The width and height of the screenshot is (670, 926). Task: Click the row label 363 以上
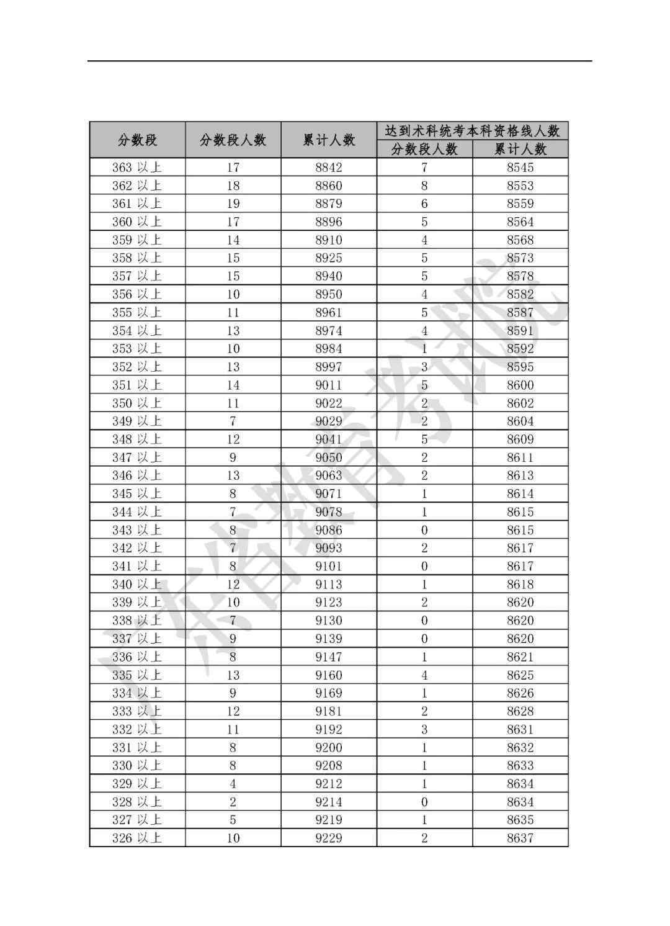[x=136, y=168]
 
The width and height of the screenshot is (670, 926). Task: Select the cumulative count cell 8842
[x=328, y=168]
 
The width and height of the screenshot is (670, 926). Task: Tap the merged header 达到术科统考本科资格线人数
[x=472, y=131]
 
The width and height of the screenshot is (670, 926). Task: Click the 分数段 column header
[x=137, y=140]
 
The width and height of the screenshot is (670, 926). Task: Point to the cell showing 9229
[x=328, y=838]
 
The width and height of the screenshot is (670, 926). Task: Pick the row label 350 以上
[x=136, y=403]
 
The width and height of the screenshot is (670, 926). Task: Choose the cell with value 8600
[x=520, y=385]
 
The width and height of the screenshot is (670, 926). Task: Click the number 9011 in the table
[x=328, y=385]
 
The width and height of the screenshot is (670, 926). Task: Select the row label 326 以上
[x=136, y=838]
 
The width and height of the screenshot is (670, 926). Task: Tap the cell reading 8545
[x=520, y=168]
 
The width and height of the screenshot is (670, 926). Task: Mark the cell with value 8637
[x=520, y=838]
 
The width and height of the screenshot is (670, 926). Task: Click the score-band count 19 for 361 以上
[x=233, y=204]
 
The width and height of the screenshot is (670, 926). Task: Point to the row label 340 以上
[x=136, y=584]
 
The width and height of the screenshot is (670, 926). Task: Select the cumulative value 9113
[x=328, y=584]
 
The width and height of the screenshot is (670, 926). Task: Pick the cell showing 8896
[x=328, y=222]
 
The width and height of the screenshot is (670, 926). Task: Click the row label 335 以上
[x=136, y=675]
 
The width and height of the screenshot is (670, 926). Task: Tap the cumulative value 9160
[x=328, y=675]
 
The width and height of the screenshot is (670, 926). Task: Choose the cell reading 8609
[x=520, y=439]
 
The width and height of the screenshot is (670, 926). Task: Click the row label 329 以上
[x=136, y=784]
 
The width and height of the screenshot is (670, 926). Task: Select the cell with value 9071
[x=328, y=494]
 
